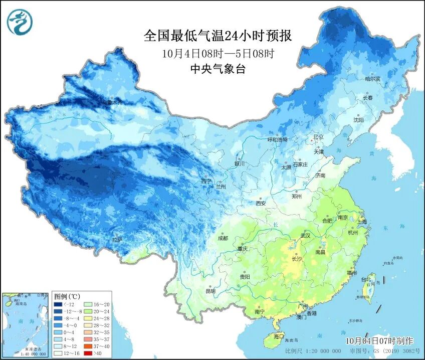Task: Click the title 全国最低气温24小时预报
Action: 218,36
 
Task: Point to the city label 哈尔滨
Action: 372,79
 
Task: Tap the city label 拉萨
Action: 117,240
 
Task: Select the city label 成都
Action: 223,238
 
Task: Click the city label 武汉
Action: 305,235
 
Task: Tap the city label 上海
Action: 362,221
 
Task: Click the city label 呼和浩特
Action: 277,140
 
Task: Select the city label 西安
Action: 261,203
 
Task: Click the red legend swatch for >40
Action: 86,353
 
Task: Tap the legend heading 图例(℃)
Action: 65,296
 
